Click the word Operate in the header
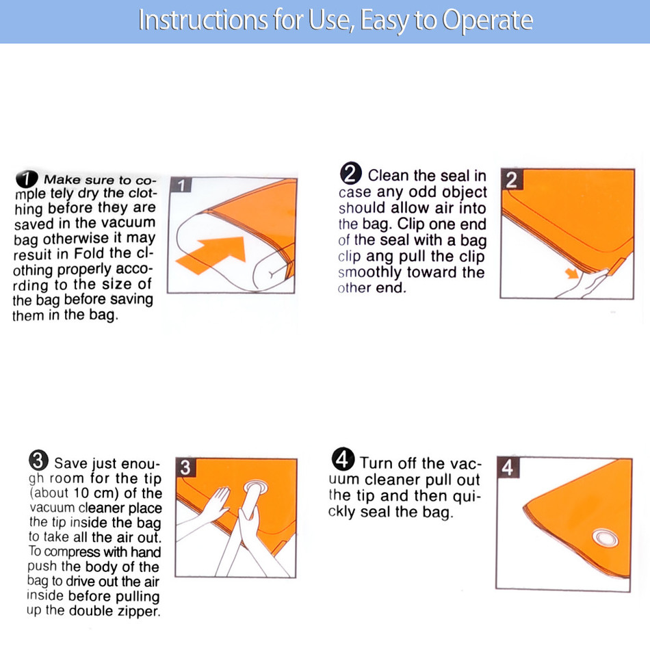click(487, 21)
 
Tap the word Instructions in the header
click(203, 19)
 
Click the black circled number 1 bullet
click(27, 179)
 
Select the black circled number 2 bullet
click(351, 173)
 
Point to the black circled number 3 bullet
click(38, 460)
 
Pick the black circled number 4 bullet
click(343, 459)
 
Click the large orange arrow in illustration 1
click(212, 254)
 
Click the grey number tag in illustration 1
click(181, 185)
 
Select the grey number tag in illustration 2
click(511, 179)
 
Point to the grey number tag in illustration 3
click(185, 467)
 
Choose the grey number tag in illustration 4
click(508, 467)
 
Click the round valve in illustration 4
click(606, 538)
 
